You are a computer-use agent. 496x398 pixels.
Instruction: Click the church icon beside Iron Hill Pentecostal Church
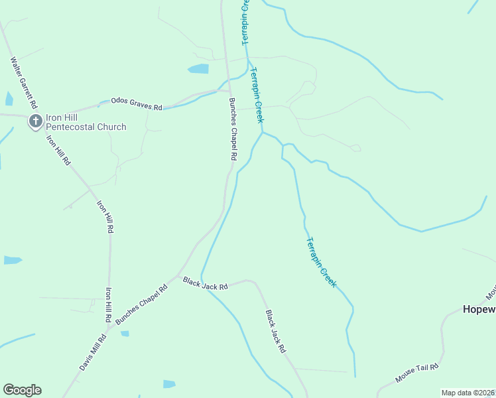(x=36, y=121)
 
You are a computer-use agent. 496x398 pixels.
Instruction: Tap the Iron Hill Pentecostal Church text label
(x=86, y=121)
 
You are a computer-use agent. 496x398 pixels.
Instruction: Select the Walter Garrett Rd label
(x=23, y=82)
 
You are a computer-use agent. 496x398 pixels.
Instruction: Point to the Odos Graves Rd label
(x=137, y=103)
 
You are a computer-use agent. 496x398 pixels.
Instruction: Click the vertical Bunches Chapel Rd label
(x=233, y=129)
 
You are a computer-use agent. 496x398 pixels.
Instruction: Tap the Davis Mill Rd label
(x=93, y=352)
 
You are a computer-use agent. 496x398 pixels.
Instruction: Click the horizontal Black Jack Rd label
(x=206, y=284)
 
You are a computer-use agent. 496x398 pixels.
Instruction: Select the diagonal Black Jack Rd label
(x=275, y=331)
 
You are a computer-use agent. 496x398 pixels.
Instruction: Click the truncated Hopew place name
(x=479, y=309)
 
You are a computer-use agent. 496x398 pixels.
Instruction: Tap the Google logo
(x=22, y=390)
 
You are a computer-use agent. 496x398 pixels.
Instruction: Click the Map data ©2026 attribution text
(x=468, y=393)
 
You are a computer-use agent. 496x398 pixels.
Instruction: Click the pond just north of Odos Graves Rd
(x=198, y=68)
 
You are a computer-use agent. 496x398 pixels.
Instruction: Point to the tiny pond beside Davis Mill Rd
(x=124, y=334)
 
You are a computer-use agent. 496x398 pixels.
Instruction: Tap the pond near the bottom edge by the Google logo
(x=169, y=383)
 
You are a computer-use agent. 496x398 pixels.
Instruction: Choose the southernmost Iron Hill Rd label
(x=108, y=304)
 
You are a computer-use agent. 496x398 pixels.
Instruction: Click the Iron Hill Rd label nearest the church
(x=58, y=150)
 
